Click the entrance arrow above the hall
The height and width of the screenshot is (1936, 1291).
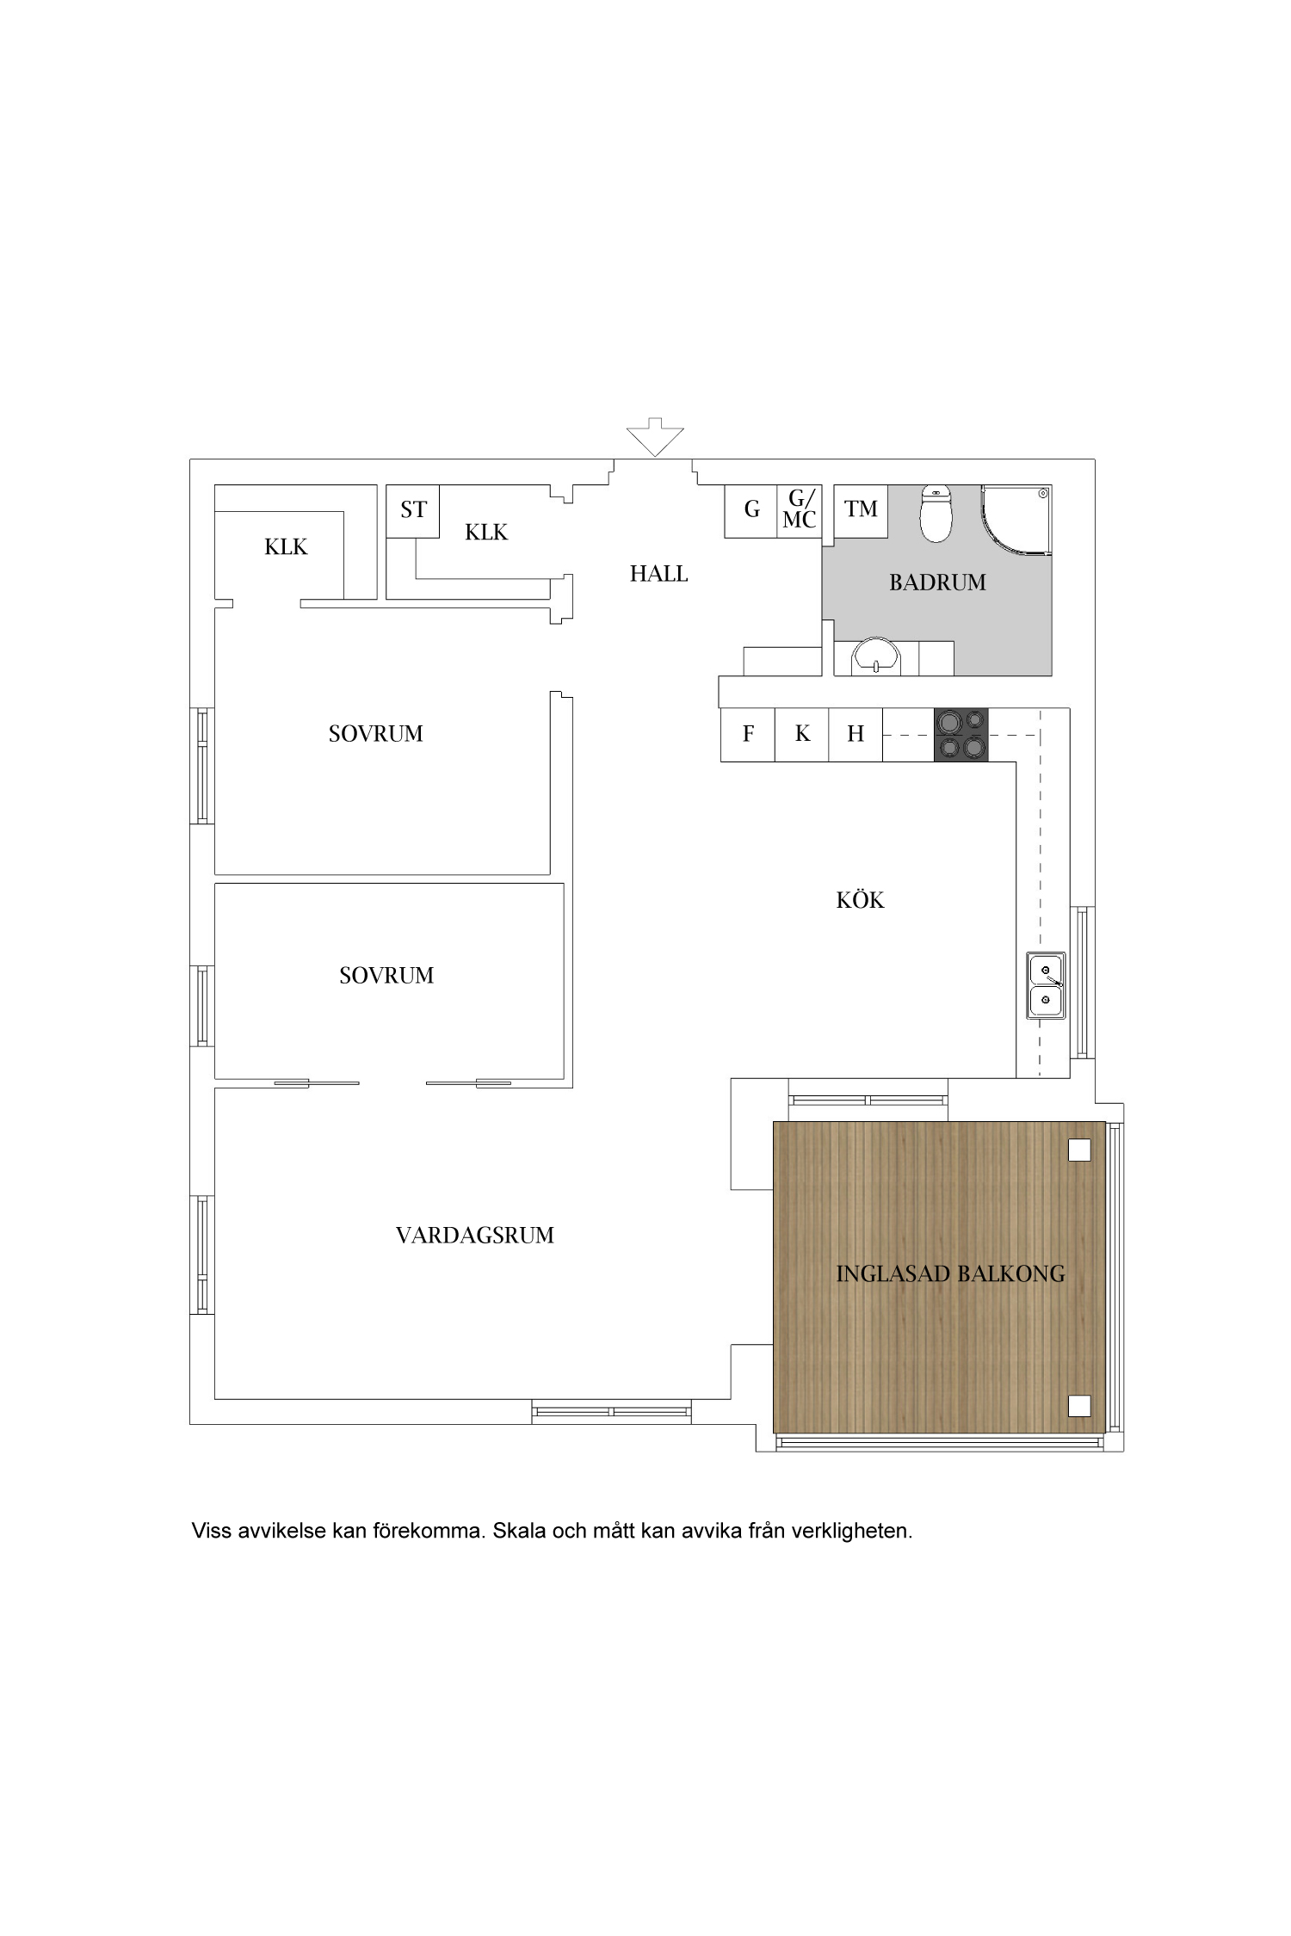tap(655, 436)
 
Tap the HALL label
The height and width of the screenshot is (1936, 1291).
tap(658, 574)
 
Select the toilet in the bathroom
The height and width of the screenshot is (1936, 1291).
tap(935, 513)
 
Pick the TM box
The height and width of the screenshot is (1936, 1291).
tap(861, 512)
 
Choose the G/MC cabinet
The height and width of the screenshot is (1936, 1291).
tap(800, 512)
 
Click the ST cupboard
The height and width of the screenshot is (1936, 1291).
tap(413, 512)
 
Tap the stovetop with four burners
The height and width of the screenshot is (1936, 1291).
tap(961, 734)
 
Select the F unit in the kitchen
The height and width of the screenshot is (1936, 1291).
tap(748, 734)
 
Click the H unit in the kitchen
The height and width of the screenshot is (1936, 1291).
tap(856, 734)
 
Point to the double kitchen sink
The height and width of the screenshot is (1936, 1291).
tap(1046, 986)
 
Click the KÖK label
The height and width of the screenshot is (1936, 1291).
tap(860, 900)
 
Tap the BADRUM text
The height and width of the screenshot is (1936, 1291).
tap(937, 583)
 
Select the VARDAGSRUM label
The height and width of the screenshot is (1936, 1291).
tap(474, 1236)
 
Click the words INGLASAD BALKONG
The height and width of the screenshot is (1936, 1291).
tap(950, 1273)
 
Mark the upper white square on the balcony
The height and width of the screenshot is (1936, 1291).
tap(1079, 1150)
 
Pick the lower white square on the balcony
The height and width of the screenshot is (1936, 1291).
tap(1079, 1406)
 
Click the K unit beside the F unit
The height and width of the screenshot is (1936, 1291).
tap(802, 734)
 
